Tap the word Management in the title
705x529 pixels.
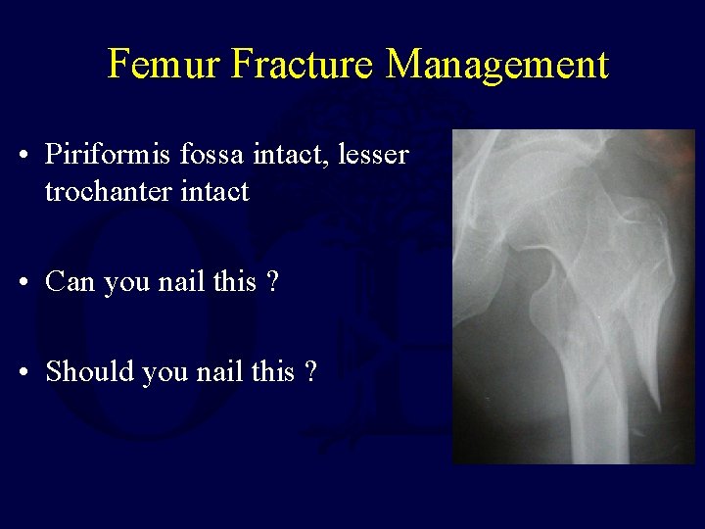pyautogui.click(x=497, y=65)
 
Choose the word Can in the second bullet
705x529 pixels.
pyautogui.click(x=70, y=282)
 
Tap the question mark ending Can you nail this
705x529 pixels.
pyautogui.click(x=271, y=282)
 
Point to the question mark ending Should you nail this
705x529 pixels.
pyautogui.click(x=309, y=372)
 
